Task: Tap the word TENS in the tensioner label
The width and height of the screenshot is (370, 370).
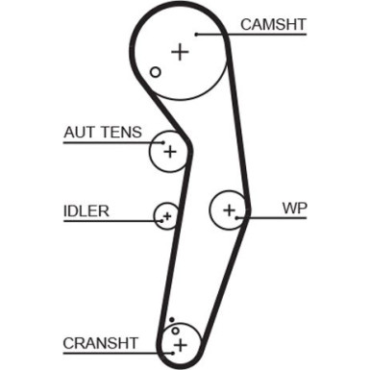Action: click(x=121, y=133)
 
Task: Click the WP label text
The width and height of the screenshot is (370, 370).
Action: click(x=294, y=207)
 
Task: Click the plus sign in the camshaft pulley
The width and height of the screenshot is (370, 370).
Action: click(x=179, y=51)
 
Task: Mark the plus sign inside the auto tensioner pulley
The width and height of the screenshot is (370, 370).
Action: click(x=169, y=152)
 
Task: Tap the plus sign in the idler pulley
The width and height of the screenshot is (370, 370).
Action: click(x=167, y=216)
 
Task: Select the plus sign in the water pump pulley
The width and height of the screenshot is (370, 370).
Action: click(x=229, y=209)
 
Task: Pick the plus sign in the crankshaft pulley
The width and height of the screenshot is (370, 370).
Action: click(x=178, y=343)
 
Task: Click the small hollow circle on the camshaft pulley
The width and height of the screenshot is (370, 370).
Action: click(x=155, y=71)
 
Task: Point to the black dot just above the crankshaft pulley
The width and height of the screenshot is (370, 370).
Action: click(x=171, y=319)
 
